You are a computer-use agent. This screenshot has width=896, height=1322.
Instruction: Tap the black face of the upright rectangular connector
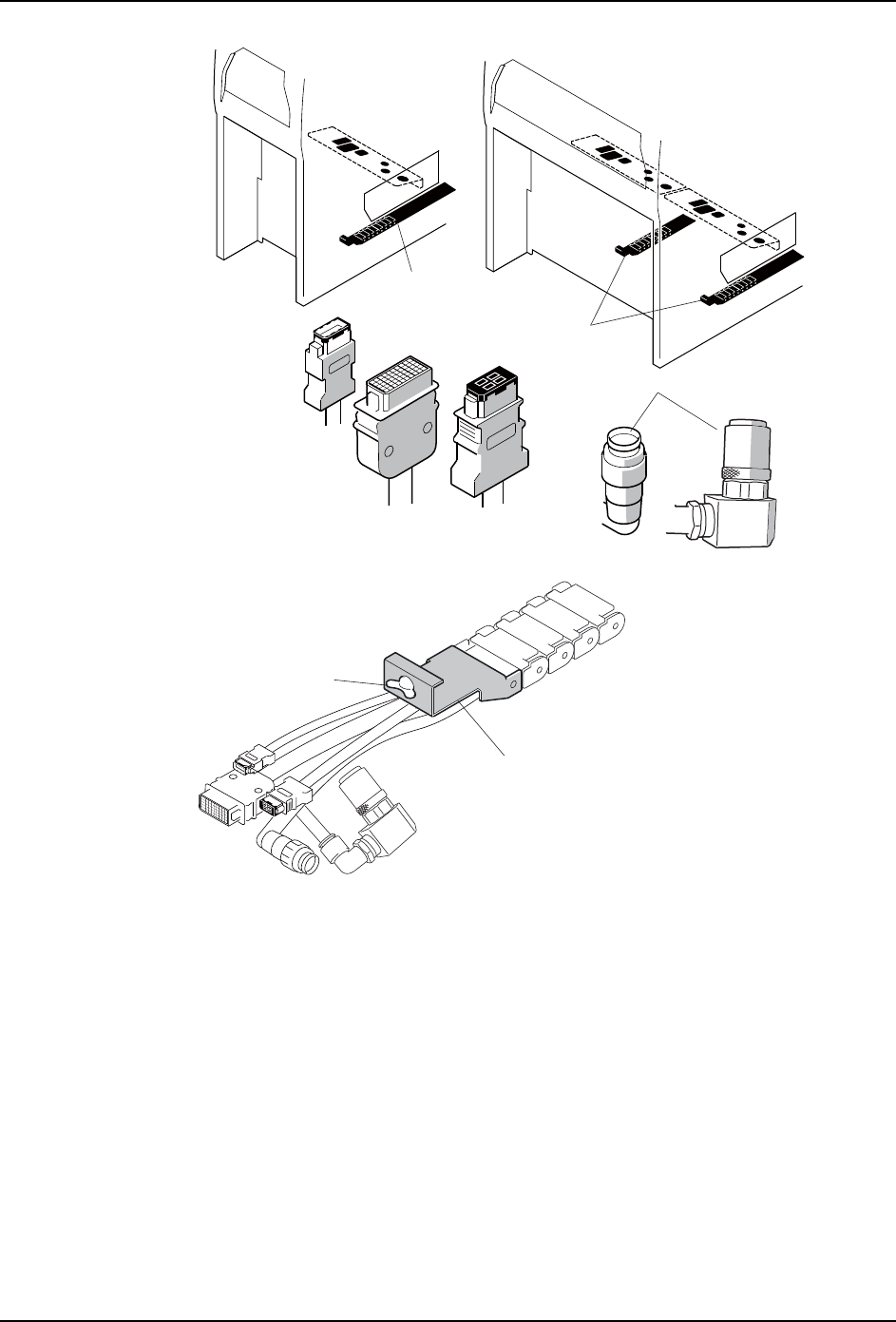(x=490, y=384)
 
